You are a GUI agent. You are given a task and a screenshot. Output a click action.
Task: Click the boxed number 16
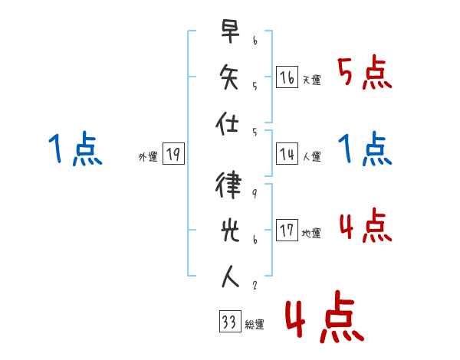click(x=287, y=77)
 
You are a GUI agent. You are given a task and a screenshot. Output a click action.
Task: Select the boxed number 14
click(x=287, y=154)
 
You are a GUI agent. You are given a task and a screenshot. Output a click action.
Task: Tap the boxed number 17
click(x=287, y=231)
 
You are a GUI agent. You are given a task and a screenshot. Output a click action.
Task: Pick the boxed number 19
click(x=172, y=154)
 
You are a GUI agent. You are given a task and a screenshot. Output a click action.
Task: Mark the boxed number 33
click(x=228, y=322)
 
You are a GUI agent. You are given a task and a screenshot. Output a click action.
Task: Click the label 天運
click(x=311, y=80)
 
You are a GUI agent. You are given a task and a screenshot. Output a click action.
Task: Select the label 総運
click(x=255, y=325)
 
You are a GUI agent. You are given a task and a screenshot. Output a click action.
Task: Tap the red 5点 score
click(x=365, y=74)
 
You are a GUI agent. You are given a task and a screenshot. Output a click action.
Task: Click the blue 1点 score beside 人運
click(x=365, y=149)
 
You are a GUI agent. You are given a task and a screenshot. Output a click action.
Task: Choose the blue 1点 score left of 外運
click(x=74, y=149)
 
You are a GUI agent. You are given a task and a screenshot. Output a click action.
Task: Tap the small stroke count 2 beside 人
click(x=254, y=286)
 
